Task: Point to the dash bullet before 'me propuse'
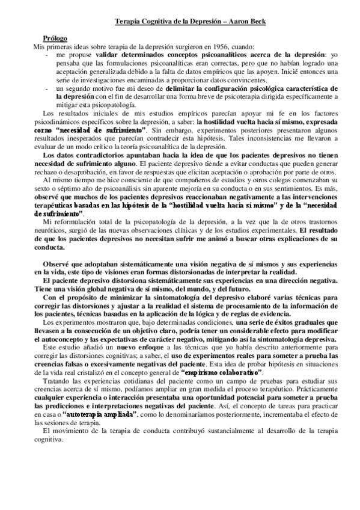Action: click(x=48, y=54)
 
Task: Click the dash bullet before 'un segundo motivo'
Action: click(x=48, y=88)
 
